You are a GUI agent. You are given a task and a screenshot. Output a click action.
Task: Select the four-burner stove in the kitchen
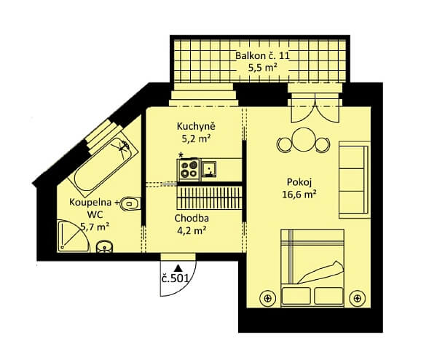[189, 170]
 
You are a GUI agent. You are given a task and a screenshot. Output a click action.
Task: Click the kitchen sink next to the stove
[210, 171]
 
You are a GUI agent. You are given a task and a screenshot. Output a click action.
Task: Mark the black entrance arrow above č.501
[177, 265]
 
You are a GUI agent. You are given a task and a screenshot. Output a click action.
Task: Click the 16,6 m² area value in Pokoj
[299, 194]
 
